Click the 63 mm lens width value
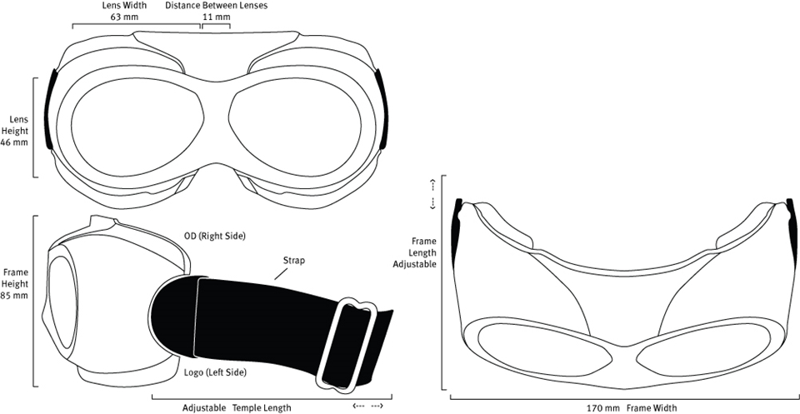click(124, 17)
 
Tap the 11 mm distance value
click(217, 17)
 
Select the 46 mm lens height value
click(14, 142)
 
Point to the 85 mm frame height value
click(15, 295)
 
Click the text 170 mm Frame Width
click(632, 407)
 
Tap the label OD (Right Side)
click(215, 237)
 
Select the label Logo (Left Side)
click(215, 372)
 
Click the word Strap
click(294, 260)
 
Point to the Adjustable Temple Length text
click(237, 408)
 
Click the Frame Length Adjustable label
click(422, 252)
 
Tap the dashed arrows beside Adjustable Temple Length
click(368, 407)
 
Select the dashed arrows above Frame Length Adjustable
click(432, 194)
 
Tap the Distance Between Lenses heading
click(217, 6)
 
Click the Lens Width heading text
click(124, 6)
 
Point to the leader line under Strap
click(280, 274)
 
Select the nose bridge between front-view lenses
click(217, 122)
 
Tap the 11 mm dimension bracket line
click(217, 24)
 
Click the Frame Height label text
click(15, 278)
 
